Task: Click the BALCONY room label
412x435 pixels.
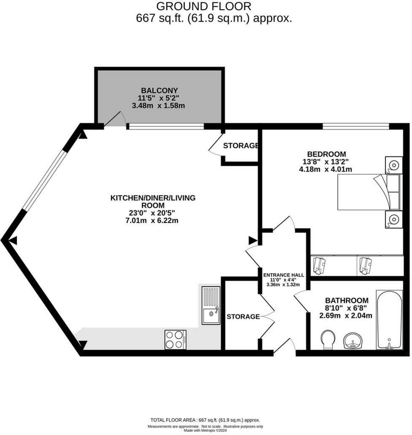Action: [x=160, y=90]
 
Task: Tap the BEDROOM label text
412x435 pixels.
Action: [x=326, y=154]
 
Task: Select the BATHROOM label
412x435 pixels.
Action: [x=346, y=301]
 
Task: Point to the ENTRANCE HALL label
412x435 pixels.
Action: [x=284, y=275]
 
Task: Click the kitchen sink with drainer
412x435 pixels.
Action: [x=210, y=305]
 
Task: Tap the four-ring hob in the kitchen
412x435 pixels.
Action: [x=175, y=339]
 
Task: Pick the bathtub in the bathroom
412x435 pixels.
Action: [x=389, y=319]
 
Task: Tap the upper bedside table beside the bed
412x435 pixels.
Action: [x=394, y=165]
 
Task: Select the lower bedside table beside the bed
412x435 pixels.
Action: [x=394, y=219]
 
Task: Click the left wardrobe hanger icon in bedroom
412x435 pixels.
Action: [x=320, y=265]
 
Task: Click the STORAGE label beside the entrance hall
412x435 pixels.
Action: [x=243, y=316]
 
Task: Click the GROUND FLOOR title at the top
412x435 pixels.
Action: [x=203, y=6]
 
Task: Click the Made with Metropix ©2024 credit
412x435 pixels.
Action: [x=205, y=431]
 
